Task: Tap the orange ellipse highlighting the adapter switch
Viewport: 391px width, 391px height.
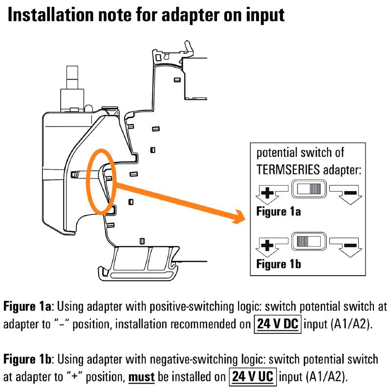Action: [x=100, y=181]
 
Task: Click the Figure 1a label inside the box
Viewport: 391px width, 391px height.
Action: [x=279, y=212]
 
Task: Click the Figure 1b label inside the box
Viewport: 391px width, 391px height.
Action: [x=279, y=264]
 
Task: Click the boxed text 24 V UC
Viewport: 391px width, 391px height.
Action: [x=253, y=377]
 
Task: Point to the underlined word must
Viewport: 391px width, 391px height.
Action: [x=142, y=377]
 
